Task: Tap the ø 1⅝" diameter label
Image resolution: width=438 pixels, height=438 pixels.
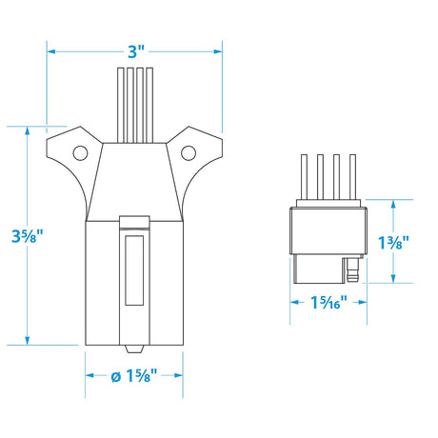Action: pos(132,377)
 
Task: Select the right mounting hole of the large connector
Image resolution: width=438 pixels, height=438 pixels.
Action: pos(188,150)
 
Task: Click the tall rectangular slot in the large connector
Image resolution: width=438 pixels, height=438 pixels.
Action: pos(132,270)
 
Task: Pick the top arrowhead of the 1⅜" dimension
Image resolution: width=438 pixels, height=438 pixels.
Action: pos(392,203)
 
